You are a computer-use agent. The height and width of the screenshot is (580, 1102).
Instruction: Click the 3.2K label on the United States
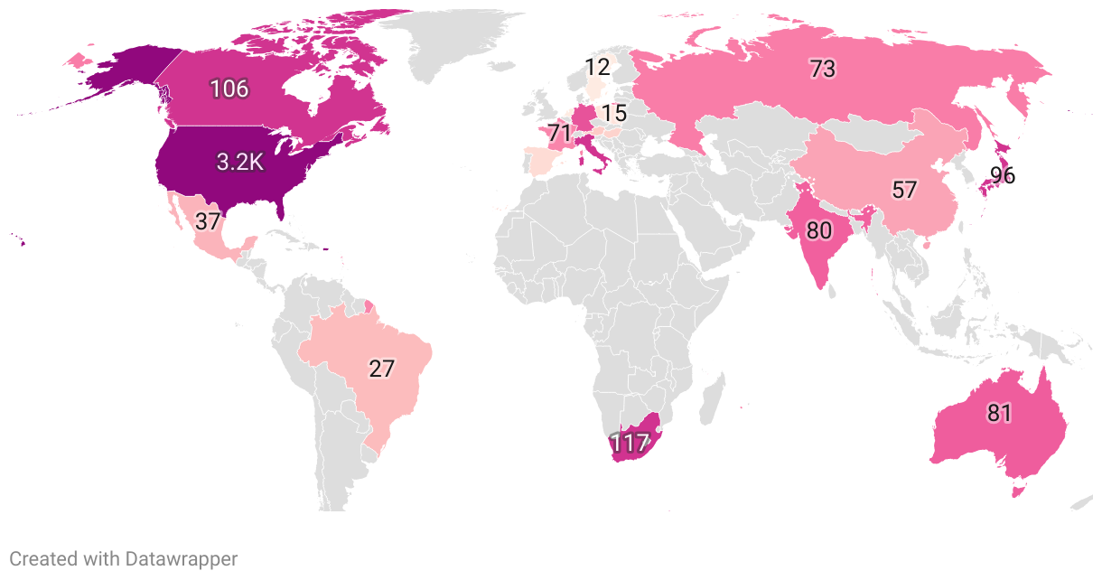click(240, 162)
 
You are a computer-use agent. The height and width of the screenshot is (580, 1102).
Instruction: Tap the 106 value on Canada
click(229, 89)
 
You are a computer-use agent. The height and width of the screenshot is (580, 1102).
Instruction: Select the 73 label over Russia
click(822, 69)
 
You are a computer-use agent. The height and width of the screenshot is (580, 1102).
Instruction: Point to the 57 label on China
click(904, 190)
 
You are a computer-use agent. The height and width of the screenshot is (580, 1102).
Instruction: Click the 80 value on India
click(818, 230)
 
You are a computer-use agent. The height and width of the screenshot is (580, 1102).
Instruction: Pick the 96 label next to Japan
click(1003, 175)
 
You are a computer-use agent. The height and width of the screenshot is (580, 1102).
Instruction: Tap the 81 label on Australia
click(999, 414)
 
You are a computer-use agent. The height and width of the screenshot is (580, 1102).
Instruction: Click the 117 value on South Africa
click(630, 444)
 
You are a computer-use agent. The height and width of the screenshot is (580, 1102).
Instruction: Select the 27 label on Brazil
click(382, 369)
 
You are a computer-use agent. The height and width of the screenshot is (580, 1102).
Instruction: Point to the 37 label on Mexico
click(208, 220)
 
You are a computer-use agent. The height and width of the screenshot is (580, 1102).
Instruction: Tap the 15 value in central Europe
click(614, 114)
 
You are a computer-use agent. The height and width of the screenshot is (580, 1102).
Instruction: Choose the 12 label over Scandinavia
click(597, 67)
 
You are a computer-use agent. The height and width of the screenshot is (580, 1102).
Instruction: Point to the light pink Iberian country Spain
click(542, 162)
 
